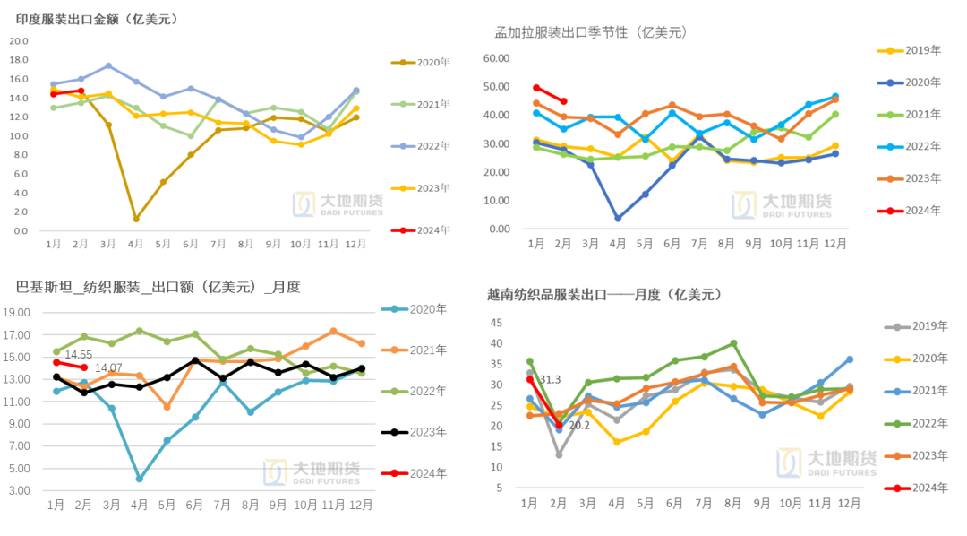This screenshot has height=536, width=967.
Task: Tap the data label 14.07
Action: [x=108, y=368]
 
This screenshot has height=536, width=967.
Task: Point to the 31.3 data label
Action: [x=551, y=380]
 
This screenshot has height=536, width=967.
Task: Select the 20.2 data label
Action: [x=579, y=425]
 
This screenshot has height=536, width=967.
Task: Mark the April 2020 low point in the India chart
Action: [x=136, y=219]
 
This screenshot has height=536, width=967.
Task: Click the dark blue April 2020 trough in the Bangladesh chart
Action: [x=618, y=218]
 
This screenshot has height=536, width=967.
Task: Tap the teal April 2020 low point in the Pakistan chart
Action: [x=140, y=479]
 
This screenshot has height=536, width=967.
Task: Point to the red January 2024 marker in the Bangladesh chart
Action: [x=536, y=88]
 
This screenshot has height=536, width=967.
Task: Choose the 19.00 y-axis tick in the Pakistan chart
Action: [x=30, y=313]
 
